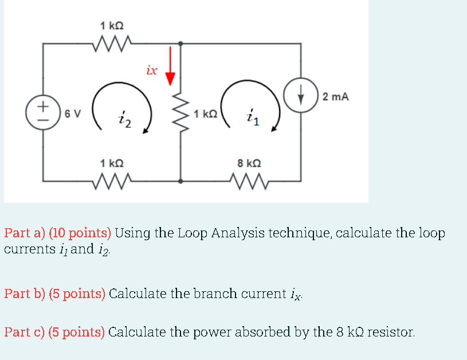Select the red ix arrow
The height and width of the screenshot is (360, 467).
click(169, 66)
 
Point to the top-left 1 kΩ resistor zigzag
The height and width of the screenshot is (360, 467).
click(111, 42)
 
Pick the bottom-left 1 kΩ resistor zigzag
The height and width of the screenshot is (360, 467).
click(111, 181)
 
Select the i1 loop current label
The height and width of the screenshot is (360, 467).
click(253, 118)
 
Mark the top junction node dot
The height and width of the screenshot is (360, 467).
click(181, 43)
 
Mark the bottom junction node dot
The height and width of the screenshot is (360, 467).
click(181, 181)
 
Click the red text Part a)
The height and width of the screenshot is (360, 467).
click(25, 233)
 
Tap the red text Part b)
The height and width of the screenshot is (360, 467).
click(25, 294)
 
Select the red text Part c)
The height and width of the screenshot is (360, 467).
click(25, 332)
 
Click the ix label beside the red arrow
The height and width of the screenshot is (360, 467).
click(152, 71)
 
